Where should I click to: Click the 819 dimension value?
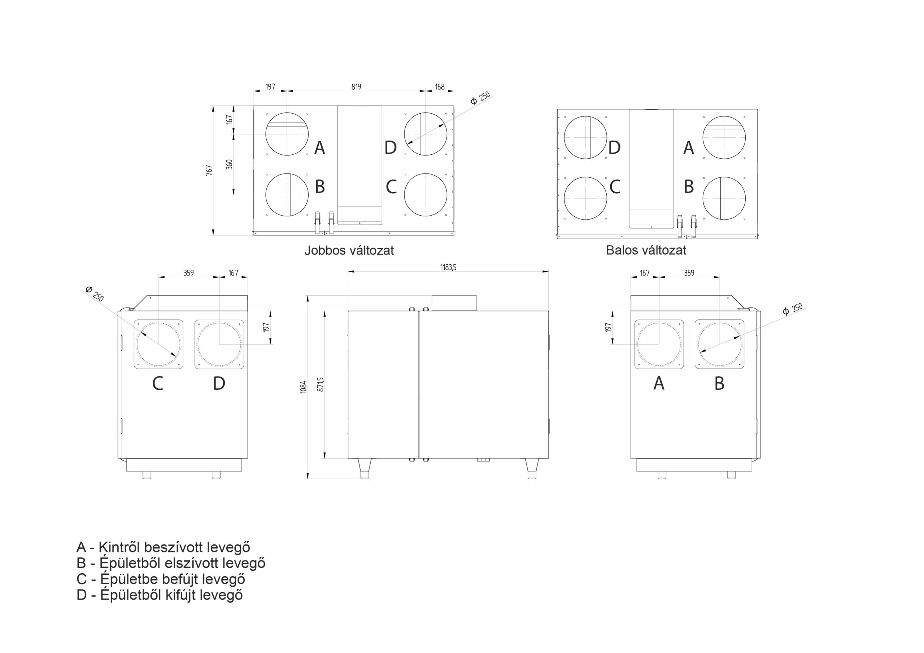356,87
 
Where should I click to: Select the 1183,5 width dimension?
448,267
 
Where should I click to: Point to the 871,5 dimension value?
321,384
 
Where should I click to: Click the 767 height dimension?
209,170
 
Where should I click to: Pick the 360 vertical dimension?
229,164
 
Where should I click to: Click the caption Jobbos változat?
349,251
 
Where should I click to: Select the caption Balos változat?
646,250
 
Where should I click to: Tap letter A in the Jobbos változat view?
319,148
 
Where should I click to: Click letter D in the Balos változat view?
614,148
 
